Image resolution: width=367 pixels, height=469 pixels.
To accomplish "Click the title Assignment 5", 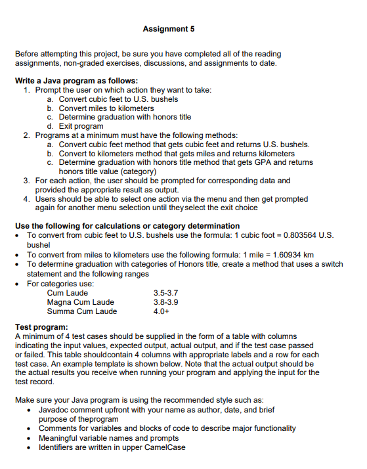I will click(x=168, y=29).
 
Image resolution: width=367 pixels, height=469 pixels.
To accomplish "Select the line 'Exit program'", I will click(x=81, y=125).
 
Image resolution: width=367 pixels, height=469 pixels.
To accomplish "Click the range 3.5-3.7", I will click(x=165, y=293).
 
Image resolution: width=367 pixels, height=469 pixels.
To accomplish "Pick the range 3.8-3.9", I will click(x=165, y=302).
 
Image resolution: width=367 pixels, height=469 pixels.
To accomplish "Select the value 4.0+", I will click(x=161, y=311).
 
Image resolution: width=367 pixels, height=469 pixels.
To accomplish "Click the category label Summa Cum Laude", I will click(x=82, y=311).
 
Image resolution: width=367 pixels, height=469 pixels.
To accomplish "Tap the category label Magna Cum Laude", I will click(x=81, y=302).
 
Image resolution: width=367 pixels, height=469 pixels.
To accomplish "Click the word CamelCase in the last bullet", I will click(x=165, y=447).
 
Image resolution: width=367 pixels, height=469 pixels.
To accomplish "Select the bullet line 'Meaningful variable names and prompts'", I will click(x=108, y=437).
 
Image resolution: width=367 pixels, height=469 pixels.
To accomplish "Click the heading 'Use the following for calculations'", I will click(x=127, y=225).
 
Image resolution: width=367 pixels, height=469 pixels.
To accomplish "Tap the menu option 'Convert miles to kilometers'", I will click(x=106, y=108).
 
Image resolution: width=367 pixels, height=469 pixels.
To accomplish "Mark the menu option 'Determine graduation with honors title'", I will click(x=125, y=117).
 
